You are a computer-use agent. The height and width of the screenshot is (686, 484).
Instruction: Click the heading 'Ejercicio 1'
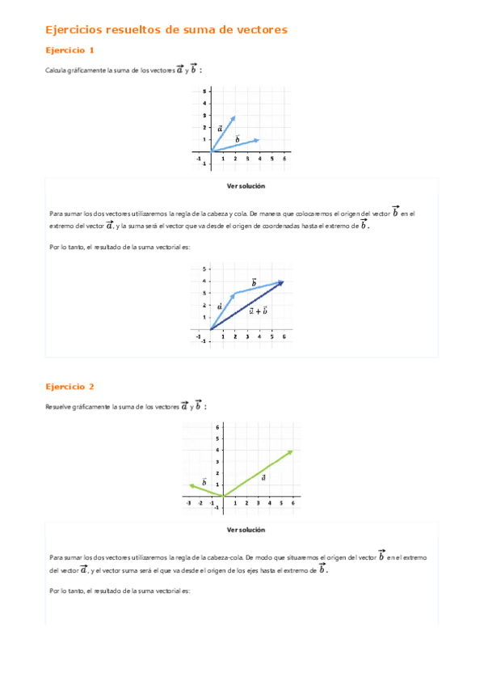(75, 50)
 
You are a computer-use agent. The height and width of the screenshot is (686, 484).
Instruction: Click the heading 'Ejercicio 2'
(75, 387)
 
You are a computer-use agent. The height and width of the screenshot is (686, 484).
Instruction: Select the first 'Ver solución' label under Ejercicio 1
(242, 186)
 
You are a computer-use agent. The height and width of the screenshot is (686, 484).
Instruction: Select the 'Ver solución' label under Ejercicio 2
(242, 530)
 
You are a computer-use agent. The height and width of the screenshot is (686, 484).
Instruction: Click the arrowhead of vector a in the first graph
(234, 117)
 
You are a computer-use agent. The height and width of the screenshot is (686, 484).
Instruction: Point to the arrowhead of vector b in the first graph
(258, 140)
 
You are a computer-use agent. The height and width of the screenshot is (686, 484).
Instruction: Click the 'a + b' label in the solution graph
(258, 311)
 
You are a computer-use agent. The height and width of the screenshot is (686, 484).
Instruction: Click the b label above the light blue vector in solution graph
(254, 282)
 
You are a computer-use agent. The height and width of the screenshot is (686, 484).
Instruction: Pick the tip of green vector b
(191, 485)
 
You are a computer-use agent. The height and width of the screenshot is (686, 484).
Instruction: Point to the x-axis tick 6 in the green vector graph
(293, 503)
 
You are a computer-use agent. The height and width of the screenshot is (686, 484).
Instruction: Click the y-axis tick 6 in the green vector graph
(217, 426)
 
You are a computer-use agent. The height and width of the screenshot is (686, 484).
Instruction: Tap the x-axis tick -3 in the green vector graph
(188, 503)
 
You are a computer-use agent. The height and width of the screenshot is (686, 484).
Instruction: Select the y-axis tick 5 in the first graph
(204, 91)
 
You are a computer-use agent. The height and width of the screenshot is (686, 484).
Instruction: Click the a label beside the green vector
(263, 477)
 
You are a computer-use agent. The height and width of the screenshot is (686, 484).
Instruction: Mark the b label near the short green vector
(204, 481)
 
